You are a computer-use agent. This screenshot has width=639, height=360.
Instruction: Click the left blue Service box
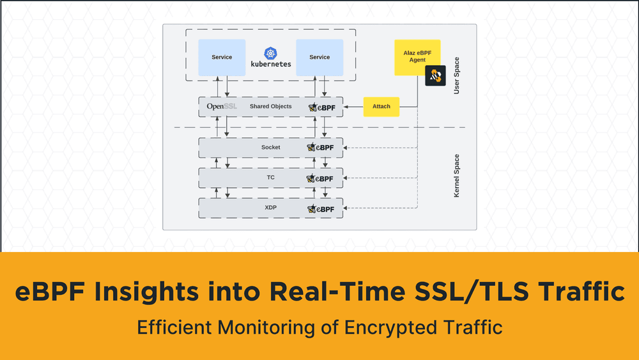click(222, 58)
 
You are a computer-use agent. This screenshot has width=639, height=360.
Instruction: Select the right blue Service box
click(319, 58)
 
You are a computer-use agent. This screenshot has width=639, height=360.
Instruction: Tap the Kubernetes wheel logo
click(270, 53)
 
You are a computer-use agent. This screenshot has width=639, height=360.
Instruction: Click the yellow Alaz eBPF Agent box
click(417, 56)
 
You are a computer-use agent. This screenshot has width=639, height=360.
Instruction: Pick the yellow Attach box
click(381, 107)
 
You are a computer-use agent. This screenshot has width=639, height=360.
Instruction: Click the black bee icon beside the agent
click(435, 75)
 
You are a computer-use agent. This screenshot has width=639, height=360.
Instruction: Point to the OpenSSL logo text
click(222, 107)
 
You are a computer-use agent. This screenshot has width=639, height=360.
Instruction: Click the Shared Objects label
click(270, 107)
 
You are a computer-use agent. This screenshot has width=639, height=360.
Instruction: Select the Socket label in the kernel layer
click(270, 148)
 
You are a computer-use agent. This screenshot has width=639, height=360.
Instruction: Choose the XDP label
click(270, 208)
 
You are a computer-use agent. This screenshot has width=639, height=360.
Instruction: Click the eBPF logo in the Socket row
click(321, 148)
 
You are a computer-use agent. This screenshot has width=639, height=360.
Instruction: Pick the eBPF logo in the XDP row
click(321, 209)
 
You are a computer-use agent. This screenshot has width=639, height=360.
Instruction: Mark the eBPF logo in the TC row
click(321, 178)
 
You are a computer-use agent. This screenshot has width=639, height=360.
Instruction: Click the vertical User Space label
click(456, 76)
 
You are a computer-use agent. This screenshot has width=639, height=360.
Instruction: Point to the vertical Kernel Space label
click(456, 175)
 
